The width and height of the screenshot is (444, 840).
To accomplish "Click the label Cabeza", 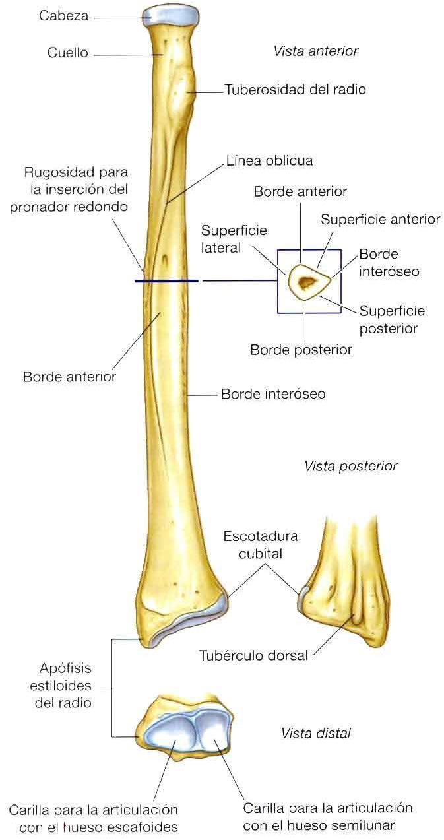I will coord(63,16).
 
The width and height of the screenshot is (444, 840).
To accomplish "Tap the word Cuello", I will coord(67,53).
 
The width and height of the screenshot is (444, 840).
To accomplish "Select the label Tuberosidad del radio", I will coord(295,89).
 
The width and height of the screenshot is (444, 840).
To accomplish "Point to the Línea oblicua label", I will coord(269,160).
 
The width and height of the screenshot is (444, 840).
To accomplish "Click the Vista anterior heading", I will coord(315,51).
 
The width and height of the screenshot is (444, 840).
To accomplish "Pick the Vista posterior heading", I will coord(350,466).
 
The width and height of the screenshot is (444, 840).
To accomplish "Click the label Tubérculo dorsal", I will coord(253,656).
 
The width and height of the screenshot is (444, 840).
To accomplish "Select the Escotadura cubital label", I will coord(260,544).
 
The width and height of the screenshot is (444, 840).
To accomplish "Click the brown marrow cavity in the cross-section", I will coord(307,283).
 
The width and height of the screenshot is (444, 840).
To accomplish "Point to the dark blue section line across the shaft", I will coord(166,281).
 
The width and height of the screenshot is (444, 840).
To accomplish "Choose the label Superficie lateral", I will coord(225,239).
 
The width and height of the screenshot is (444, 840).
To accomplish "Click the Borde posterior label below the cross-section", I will coord(301,349).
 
